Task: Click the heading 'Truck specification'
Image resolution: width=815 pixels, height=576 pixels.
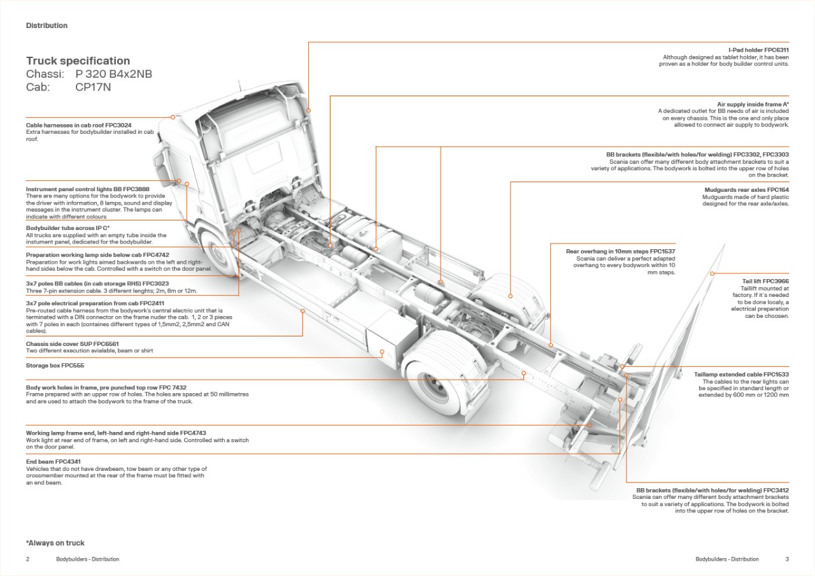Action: coord(78,61)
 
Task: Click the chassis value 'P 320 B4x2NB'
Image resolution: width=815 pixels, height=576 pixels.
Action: coord(113,74)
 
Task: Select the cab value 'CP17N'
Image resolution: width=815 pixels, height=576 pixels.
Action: coord(93,87)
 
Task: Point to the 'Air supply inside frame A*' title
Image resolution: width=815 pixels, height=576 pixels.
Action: coord(753,104)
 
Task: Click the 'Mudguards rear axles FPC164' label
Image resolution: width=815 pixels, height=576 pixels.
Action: coord(746,190)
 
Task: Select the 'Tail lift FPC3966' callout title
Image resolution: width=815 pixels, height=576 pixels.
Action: coord(765,281)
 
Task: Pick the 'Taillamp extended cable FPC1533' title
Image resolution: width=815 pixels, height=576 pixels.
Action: coord(741,375)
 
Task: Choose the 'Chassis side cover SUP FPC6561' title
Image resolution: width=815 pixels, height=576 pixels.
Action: coord(72,343)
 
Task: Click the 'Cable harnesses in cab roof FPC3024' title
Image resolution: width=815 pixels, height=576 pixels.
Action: coord(79,125)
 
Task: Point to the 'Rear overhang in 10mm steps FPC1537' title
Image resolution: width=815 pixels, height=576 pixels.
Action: coord(620,252)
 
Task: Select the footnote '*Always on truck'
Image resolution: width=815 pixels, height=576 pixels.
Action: coord(55,543)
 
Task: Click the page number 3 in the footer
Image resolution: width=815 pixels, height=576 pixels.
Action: coord(787,559)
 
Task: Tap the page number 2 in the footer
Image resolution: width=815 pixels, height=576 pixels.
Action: coord(27,559)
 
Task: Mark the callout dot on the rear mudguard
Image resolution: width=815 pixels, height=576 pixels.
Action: coord(511,296)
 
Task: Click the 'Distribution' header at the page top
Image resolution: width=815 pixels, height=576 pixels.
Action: coord(46,25)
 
